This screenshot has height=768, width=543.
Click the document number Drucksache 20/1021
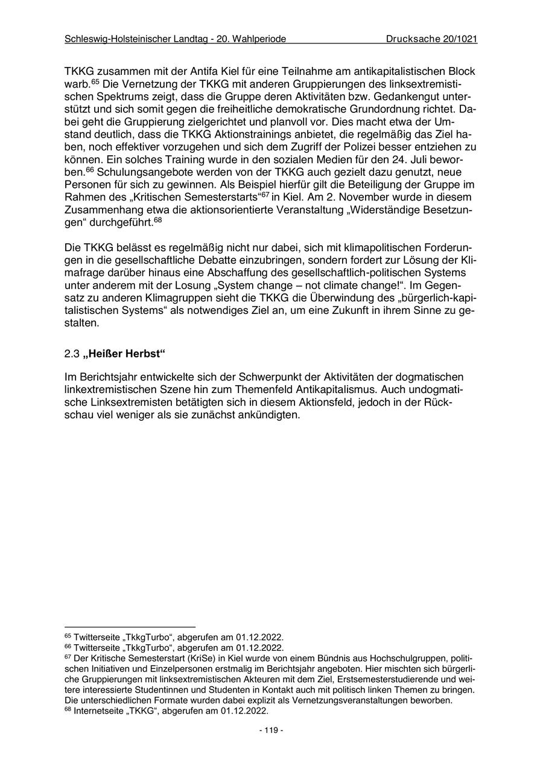coord(432,39)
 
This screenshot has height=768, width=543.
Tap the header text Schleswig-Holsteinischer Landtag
coord(139,39)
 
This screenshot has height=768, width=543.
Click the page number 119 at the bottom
coord(271,730)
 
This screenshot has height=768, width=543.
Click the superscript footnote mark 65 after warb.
coord(95,82)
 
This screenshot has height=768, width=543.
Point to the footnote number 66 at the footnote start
coord(67,646)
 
